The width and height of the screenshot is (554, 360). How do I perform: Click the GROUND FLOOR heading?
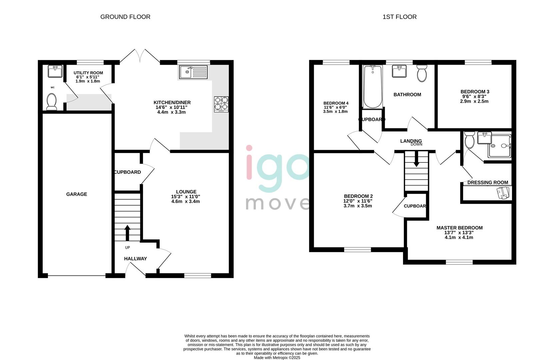125,17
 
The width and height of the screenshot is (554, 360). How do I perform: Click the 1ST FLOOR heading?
399,17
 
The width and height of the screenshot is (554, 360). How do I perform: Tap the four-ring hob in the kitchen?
221,104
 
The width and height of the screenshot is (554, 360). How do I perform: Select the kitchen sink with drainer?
193,72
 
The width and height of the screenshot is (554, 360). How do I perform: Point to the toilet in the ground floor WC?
52,101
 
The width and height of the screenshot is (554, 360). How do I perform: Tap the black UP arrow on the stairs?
127,233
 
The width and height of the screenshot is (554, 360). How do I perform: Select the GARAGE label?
77,194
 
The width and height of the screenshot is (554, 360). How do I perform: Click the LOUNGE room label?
186,192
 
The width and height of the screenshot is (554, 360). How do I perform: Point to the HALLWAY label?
135,259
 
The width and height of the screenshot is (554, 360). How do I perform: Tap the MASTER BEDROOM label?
459,228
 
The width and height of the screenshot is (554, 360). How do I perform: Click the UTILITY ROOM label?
88,73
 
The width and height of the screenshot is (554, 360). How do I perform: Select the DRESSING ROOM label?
488,182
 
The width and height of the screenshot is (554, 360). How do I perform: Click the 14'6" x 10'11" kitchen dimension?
172,107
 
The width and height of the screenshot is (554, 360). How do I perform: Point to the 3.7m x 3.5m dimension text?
358,206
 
